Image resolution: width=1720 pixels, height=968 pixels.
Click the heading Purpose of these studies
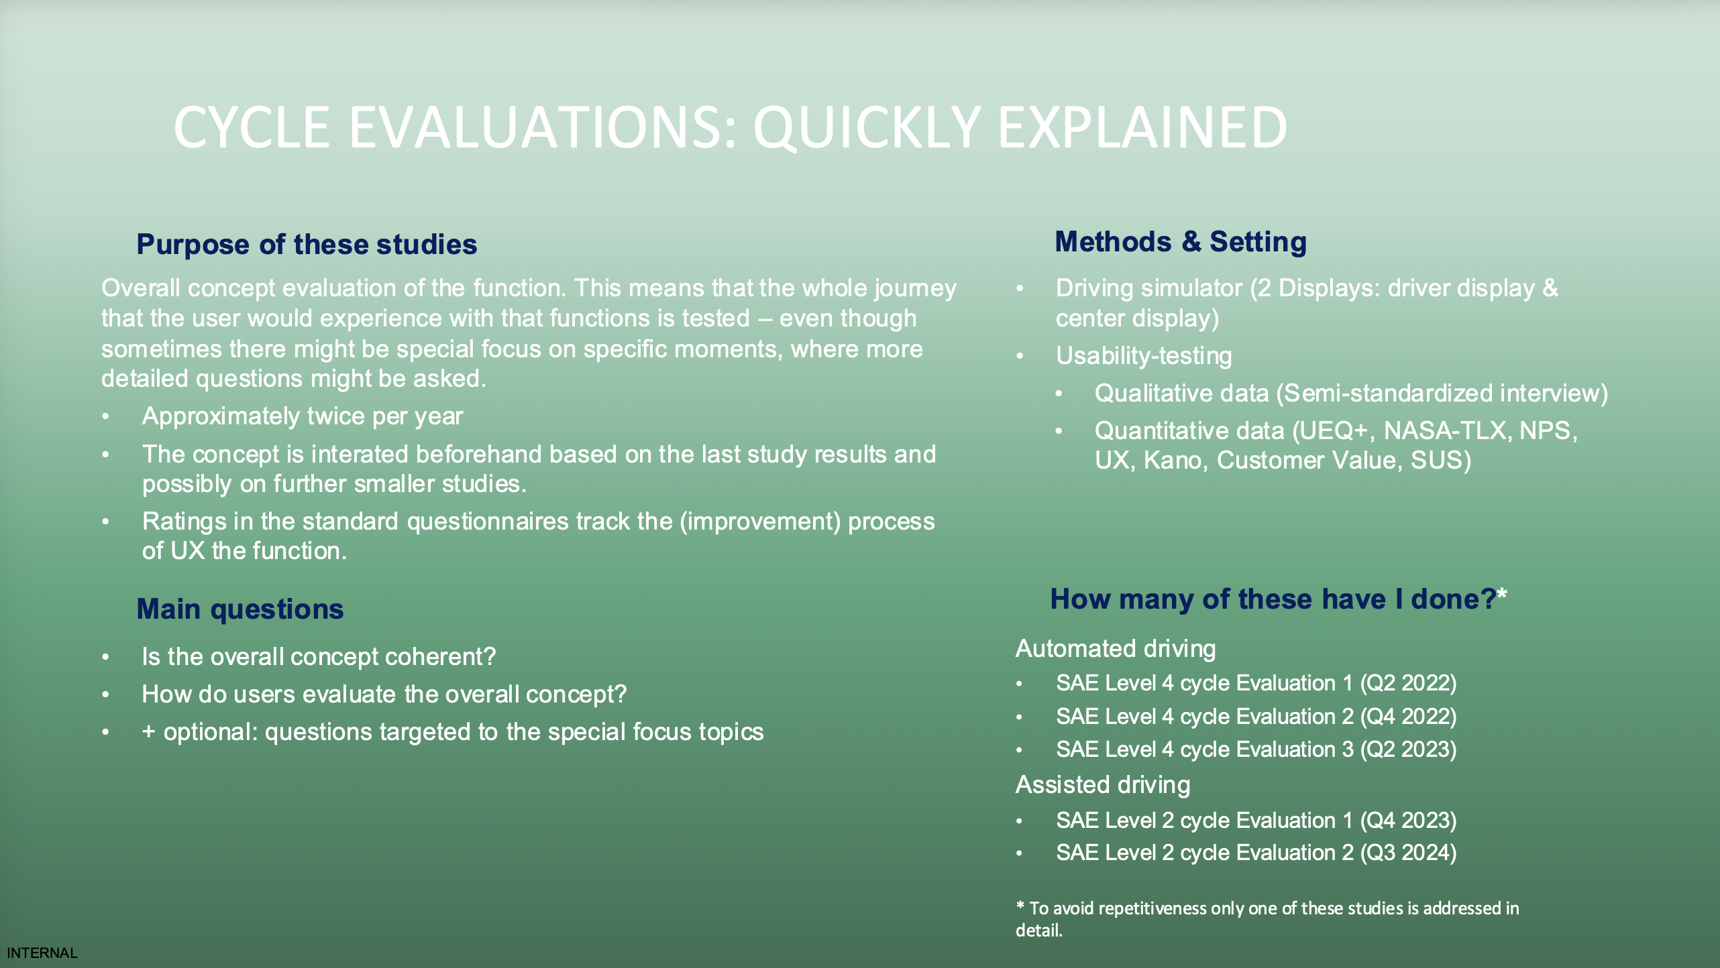[307, 245]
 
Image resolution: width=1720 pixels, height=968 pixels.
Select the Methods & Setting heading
[1180, 242]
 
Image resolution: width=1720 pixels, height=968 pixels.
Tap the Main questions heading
[239, 609]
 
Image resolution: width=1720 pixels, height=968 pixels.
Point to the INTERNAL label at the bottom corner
[42, 953]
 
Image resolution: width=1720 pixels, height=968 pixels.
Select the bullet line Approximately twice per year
[302, 416]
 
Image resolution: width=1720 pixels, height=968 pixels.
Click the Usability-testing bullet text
[1143, 356]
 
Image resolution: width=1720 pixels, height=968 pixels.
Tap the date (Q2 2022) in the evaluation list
[1408, 683]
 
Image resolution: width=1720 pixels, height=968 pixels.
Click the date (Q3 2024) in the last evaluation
[1408, 853]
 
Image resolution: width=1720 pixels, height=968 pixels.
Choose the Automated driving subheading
[1115, 649]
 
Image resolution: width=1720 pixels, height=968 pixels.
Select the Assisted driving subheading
[1102, 785]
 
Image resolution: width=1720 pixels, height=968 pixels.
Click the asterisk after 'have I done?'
[1502, 593]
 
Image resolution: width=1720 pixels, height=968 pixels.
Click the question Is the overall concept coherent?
[319, 657]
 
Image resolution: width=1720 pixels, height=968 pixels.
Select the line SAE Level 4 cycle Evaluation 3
[1204, 749]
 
